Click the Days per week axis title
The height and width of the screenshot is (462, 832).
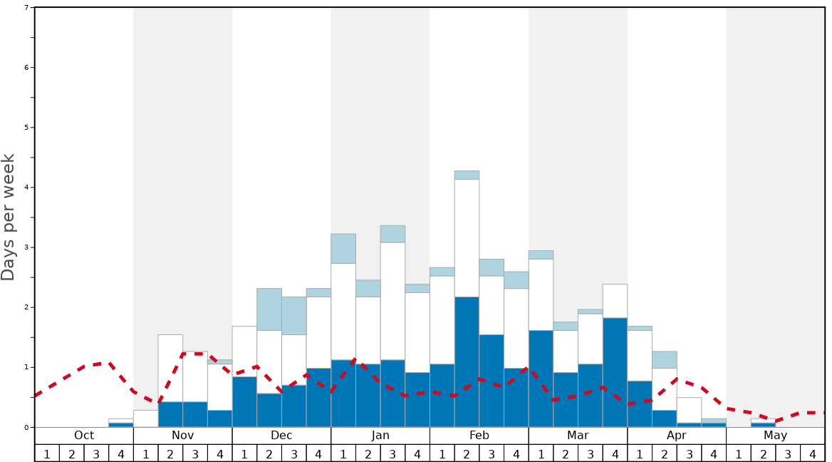9,217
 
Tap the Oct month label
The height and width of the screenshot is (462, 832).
84,436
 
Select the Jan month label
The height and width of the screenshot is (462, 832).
380,436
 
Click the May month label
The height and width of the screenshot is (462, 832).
775,436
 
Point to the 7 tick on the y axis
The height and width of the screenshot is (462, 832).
26,8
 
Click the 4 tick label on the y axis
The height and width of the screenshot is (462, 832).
26,188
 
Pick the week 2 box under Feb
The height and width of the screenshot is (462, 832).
467,453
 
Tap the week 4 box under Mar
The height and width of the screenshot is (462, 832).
615,453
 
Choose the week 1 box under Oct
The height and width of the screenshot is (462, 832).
47,453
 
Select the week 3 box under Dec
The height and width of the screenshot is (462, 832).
294,453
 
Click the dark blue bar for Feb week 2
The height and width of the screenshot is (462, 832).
467,362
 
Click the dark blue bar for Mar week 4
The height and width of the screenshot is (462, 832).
615,372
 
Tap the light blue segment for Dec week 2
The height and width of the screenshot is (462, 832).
269,309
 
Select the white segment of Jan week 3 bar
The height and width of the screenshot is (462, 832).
392,301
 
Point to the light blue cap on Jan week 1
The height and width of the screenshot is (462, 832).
343,249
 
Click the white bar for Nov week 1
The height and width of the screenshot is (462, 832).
146,419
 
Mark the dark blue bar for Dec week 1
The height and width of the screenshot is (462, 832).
244,402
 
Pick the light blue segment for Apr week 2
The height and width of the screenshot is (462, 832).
665,359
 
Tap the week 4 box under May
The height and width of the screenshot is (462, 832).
812,453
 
